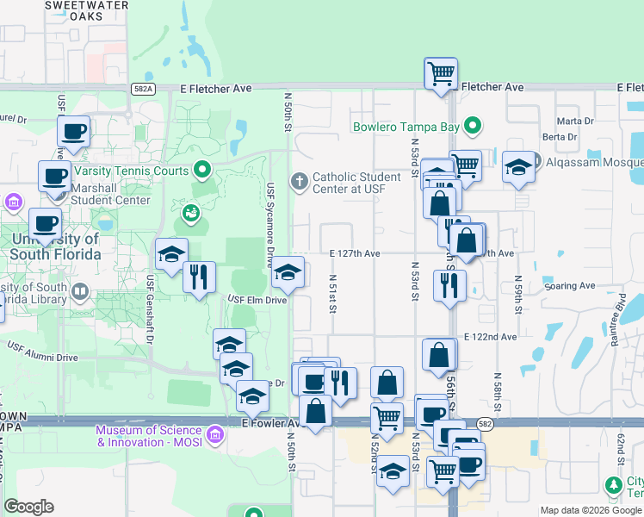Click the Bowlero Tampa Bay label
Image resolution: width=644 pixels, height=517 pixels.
pos(406,127)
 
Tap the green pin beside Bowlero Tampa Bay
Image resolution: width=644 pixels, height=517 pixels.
pos(472,127)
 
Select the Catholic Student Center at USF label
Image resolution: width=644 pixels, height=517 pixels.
pos(356,182)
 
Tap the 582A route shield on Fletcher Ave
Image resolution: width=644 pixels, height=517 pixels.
pos(144,88)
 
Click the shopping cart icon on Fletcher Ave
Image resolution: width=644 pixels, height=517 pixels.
pos(441,73)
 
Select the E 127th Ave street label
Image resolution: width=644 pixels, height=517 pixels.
pos(355,253)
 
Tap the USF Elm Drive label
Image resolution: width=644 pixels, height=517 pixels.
pos(257,300)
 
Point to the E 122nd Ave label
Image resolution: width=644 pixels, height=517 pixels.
pos(490,337)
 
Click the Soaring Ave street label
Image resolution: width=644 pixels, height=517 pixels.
pos(569,285)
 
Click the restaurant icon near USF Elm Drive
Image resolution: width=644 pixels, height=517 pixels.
pos(199,277)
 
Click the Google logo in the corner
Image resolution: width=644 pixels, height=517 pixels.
pos(28,507)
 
